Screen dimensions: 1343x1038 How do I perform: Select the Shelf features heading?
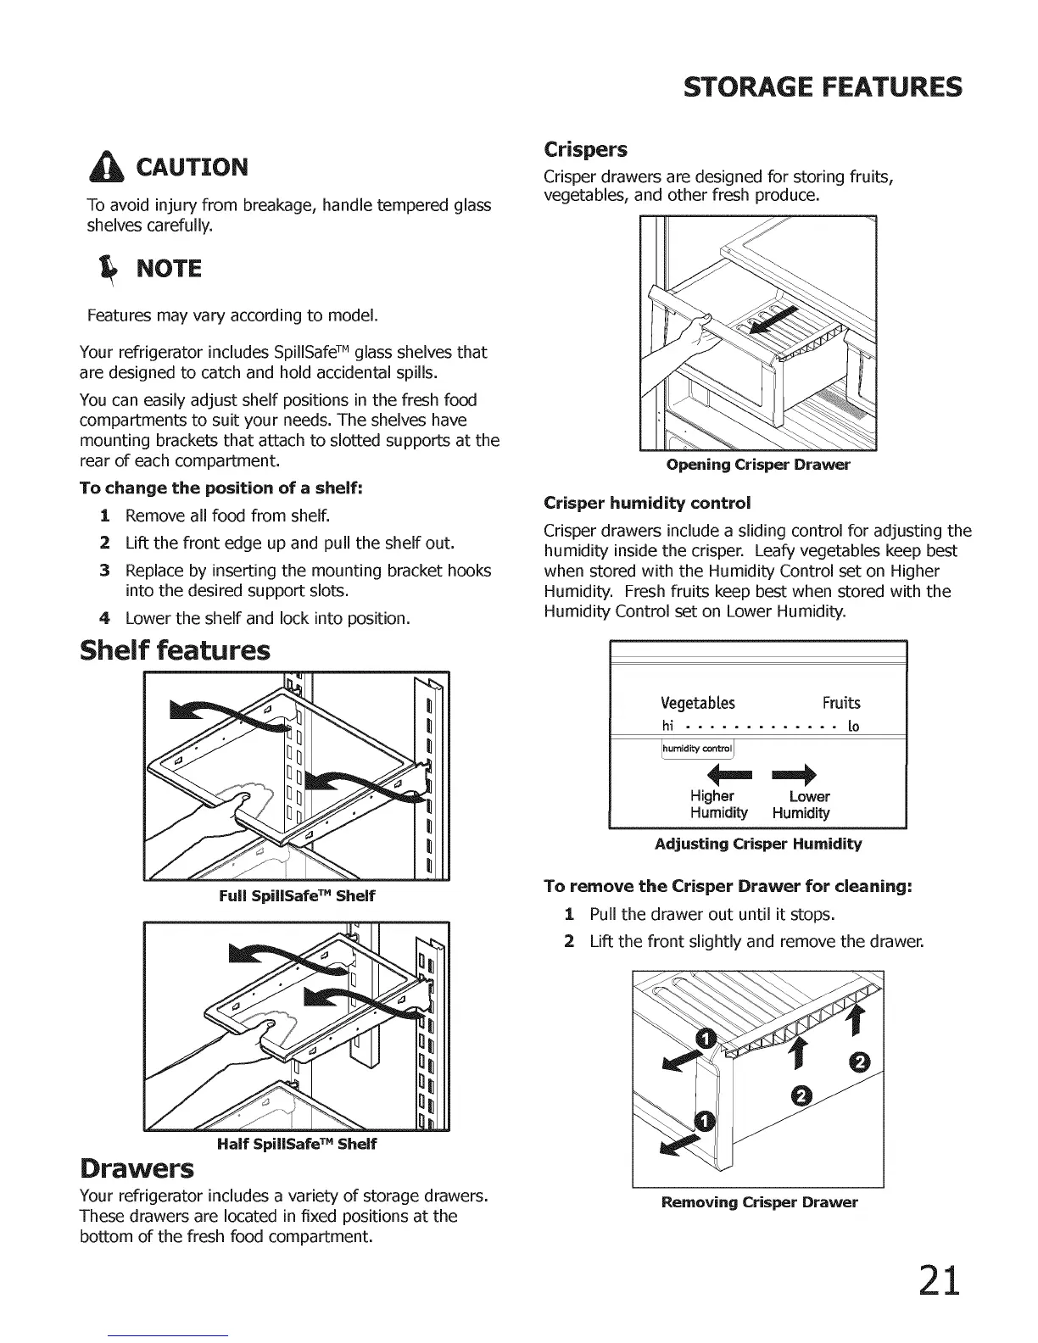[175, 650]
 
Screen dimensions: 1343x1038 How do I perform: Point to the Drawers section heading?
[137, 1168]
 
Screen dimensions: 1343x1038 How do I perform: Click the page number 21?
[938, 1280]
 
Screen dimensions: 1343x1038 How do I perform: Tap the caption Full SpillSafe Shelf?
[297, 895]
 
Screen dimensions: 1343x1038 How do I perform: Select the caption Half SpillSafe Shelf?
[297, 1144]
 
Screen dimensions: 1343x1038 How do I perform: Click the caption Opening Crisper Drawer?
[758, 465]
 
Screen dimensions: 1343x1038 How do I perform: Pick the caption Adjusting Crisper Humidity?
[758, 844]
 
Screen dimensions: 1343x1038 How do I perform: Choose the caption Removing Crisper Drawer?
[758, 1202]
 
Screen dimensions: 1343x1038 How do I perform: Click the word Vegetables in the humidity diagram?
[697, 703]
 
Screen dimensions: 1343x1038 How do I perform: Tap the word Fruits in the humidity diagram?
[840, 703]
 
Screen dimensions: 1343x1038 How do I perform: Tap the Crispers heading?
[585, 150]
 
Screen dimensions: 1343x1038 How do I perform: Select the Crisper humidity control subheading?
[647, 503]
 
